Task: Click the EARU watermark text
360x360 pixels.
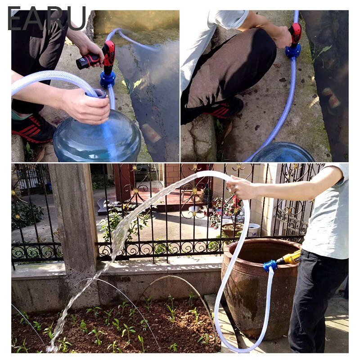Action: (x=47, y=19)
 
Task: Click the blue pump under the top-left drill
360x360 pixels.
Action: (x=108, y=79)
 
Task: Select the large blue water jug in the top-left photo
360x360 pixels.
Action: (x=97, y=137)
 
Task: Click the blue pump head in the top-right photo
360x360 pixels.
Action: (x=293, y=50)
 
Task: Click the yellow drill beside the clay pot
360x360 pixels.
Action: (x=288, y=258)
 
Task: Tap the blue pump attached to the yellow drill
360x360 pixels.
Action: (x=270, y=265)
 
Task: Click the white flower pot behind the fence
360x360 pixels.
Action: (x=253, y=229)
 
